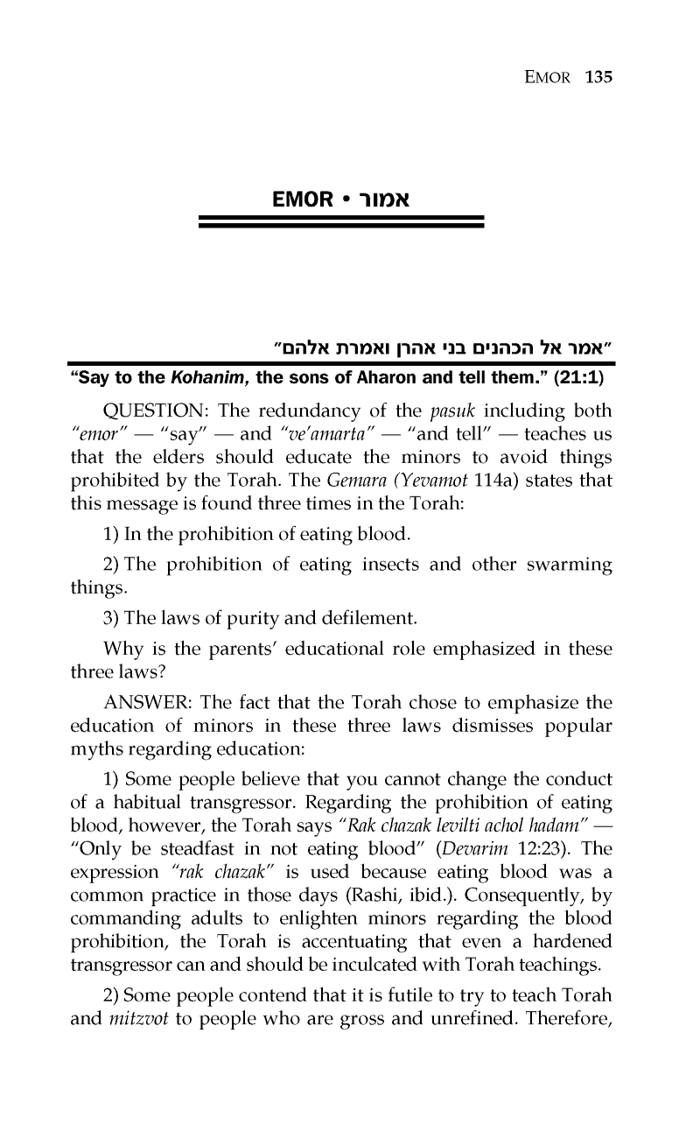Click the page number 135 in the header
tap(598, 77)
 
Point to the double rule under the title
tap(341, 222)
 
